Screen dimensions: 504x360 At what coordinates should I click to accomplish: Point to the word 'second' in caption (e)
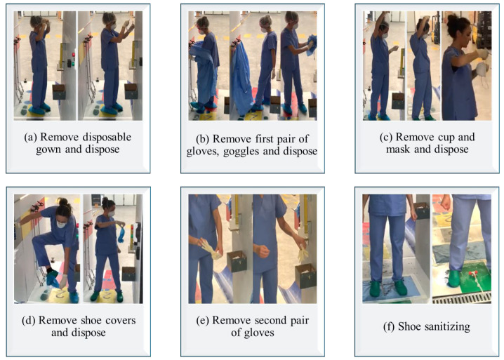pos(268,320)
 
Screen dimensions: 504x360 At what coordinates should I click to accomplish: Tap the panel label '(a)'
pos(31,138)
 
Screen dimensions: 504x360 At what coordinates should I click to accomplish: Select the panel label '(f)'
pos(390,326)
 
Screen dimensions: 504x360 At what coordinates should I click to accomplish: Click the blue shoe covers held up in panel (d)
pos(121,235)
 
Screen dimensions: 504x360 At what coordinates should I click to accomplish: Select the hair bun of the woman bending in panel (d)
pos(63,202)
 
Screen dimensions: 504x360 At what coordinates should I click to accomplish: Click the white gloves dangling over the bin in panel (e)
pos(302,253)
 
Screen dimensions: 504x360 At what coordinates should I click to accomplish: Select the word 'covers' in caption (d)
pos(121,320)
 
